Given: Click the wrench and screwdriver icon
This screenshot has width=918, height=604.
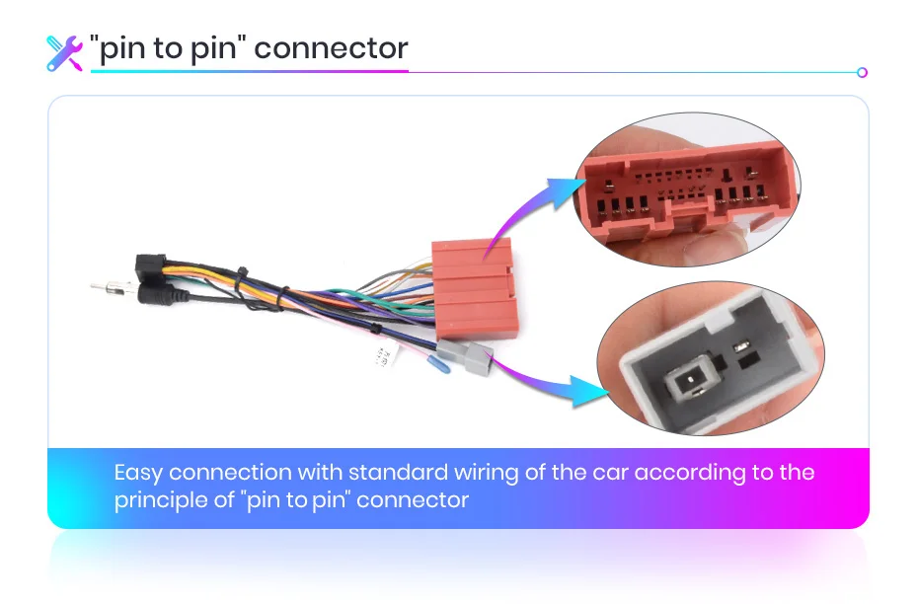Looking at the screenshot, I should tap(65, 53).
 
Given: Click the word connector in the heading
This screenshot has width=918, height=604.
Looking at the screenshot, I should tap(332, 49).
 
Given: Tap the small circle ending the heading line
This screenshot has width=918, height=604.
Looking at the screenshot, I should tap(862, 72).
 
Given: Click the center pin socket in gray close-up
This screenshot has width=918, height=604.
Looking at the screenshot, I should tap(687, 381).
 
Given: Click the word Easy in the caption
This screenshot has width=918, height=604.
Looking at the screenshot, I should tap(137, 473).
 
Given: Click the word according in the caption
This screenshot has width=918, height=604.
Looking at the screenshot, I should tap(688, 473).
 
